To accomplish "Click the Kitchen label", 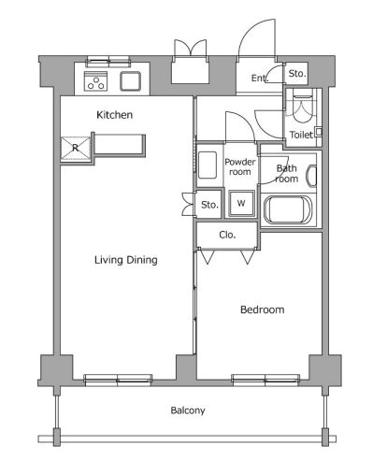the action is click(x=114, y=115).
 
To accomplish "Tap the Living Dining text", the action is click(x=126, y=260).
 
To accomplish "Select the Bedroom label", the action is click(x=263, y=309).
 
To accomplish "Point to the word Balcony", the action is click(x=188, y=410).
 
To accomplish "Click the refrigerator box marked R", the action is click(x=76, y=148).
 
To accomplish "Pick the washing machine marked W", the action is click(x=241, y=203).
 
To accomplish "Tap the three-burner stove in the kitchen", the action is click(x=95, y=81).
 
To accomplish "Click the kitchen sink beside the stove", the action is click(x=130, y=81).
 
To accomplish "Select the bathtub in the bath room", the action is click(x=288, y=209).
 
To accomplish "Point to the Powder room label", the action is click(x=240, y=166).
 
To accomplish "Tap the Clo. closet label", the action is click(x=227, y=235).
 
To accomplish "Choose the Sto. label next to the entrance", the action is click(x=297, y=74).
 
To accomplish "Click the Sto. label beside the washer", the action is click(x=209, y=205).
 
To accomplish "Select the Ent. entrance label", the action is click(x=260, y=78).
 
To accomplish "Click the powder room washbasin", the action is click(x=208, y=165).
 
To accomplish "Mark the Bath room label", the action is click(x=287, y=174).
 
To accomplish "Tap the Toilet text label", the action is click(x=301, y=135).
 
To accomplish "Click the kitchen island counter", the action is click(x=119, y=144).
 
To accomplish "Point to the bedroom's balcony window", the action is click(x=265, y=381).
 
